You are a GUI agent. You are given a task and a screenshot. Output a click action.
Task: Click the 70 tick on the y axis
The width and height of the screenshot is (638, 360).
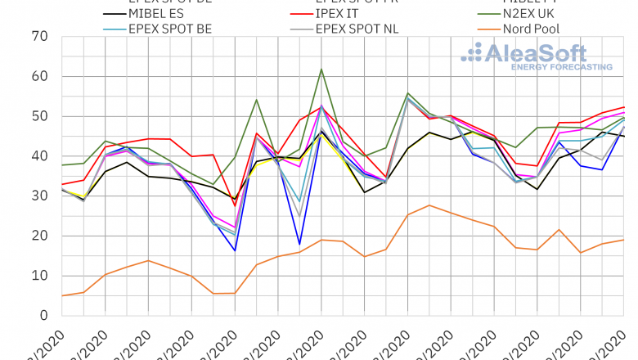pyautogui.click(x=38, y=37)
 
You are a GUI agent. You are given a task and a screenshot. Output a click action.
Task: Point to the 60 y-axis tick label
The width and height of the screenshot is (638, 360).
pyautogui.click(x=38, y=77)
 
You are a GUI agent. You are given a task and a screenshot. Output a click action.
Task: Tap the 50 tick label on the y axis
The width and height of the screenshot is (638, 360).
pyautogui.click(x=38, y=117)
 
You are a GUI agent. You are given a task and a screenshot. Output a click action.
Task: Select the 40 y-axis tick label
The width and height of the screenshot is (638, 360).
pyautogui.click(x=38, y=156)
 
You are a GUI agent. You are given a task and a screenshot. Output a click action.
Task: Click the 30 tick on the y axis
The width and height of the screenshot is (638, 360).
pyautogui.click(x=38, y=196)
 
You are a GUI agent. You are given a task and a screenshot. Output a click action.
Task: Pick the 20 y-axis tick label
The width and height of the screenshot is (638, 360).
pyautogui.click(x=38, y=236)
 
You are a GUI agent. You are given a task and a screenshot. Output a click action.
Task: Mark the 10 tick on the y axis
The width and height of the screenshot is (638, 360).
pyautogui.click(x=38, y=276)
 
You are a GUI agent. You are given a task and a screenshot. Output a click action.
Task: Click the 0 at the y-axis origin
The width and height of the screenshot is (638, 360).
pyautogui.click(x=43, y=316)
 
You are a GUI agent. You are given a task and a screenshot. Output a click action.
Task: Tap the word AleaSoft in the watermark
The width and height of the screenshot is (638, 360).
pyautogui.click(x=535, y=53)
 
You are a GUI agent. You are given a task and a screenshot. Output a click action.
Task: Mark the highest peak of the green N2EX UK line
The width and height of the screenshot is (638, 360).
pyautogui.click(x=321, y=70)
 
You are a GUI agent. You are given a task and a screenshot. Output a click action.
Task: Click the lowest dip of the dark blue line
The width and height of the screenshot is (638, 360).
pyautogui.click(x=300, y=244)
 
